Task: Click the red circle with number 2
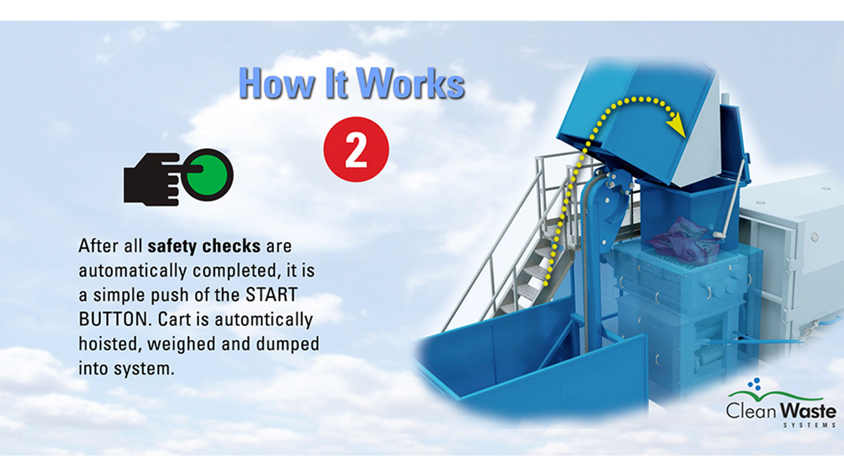[x=356, y=149]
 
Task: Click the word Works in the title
[x=410, y=83]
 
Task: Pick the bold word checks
[x=232, y=246]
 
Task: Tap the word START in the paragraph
[x=272, y=294]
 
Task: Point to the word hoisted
[x=110, y=344]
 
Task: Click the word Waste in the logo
[x=809, y=411]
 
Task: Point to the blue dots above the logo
[x=756, y=384]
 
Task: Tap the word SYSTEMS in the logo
[x=809, y=425]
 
